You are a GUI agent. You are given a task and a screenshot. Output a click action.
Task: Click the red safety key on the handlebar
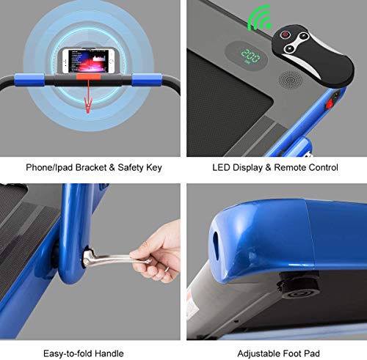coord(88,77)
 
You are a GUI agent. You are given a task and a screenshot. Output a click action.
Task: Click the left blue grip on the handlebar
coord(29,80)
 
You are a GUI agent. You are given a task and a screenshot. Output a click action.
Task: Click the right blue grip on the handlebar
coord(147,80)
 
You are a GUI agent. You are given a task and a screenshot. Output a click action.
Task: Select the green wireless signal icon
coord(259,19)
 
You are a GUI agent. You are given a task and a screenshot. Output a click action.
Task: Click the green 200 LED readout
coord(250,56)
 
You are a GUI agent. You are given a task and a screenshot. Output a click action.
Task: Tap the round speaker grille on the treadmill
coord(291,80)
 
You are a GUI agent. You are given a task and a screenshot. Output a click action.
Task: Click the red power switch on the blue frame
coord(329,104)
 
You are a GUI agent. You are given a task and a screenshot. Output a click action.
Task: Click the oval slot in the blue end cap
coord(216,246)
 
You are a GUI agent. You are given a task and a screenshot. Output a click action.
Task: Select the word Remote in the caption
coord(290,168)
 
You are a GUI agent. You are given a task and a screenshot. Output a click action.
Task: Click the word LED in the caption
coord(221,168)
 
